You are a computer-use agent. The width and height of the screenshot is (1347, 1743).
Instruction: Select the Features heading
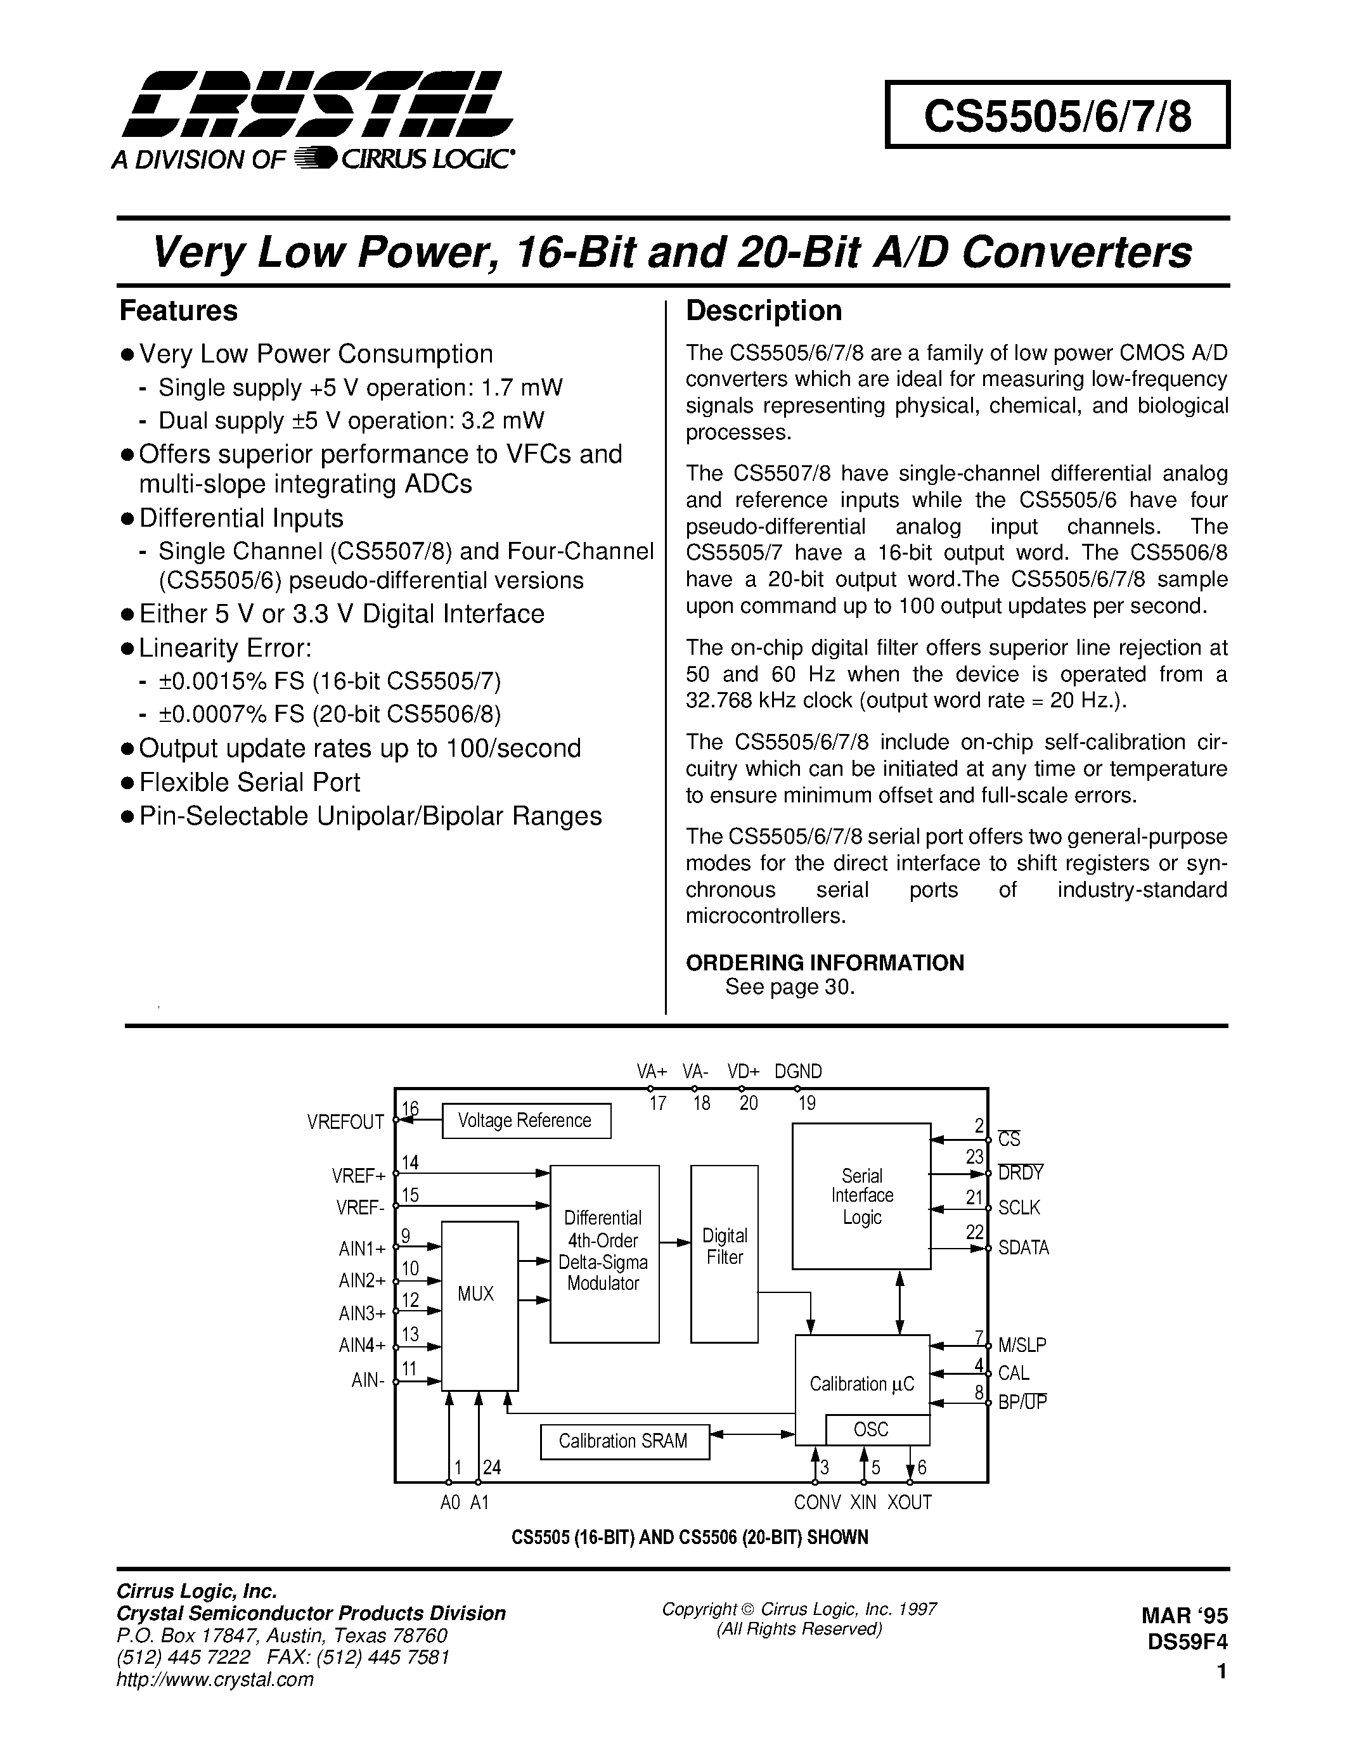(178, 311)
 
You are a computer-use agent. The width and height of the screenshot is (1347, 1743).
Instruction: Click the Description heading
(764, 311)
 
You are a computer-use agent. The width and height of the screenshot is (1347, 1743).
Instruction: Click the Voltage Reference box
(525, 1121)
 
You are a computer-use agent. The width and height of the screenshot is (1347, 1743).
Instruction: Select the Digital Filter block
(724, 1254)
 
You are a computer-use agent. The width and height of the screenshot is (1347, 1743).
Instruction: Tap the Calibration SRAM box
(623, 1441)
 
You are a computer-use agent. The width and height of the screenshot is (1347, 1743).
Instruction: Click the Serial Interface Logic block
(861, 1195)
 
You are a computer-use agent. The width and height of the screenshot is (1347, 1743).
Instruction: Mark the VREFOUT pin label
(345, 1122)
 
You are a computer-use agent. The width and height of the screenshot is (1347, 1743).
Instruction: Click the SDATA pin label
(1023, 1248)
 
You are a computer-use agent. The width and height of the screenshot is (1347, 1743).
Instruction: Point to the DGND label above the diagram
(798, 1071)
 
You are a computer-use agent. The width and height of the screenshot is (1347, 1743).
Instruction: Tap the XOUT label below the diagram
(910, 1502)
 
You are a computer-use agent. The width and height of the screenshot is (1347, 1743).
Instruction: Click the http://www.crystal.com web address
(216, 1679)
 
